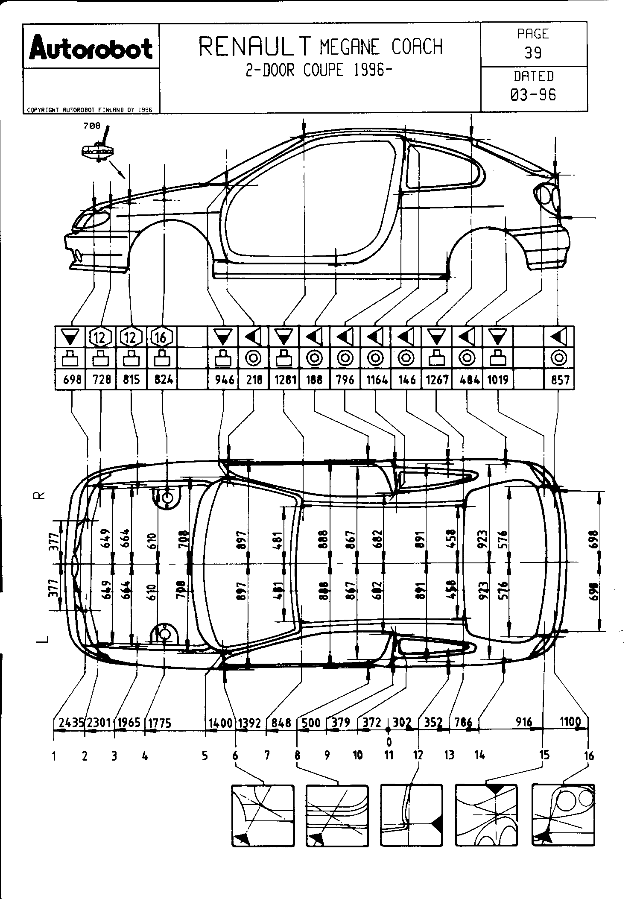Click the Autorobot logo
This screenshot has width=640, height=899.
[x=91, y=48]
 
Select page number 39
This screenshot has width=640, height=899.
[x=533, y=53]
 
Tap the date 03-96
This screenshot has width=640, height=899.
[x=534, y=94]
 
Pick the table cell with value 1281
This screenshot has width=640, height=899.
[x=284, y=379]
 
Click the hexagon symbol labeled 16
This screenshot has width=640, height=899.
[x=161, y=337]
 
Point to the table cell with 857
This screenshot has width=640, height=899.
[x=559, y=379]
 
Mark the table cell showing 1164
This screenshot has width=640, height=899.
[x=376, y=379]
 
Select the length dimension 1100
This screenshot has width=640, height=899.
[x=570, y=722]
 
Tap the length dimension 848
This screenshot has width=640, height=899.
[x=281, y=723]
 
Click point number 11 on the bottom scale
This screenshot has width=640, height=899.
[x=389, y=755]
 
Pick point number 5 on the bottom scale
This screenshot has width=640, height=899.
[x=205, y=756]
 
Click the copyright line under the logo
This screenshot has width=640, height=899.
[x=90, y=110]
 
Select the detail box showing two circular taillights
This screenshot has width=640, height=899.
[x=563, y=815]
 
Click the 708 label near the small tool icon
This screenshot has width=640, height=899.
[x=92, y=126]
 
